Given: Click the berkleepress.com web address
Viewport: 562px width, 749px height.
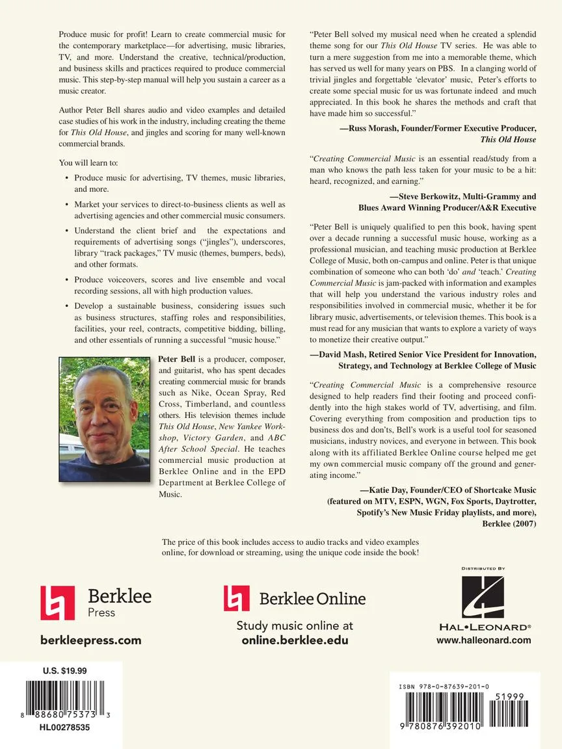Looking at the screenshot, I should (x=90, y=640).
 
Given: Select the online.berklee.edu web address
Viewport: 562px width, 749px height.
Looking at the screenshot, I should (x=295, y=640).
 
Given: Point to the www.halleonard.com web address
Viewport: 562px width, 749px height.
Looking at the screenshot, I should (x=484, y=640).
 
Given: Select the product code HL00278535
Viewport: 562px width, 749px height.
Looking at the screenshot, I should (x=64, y=728).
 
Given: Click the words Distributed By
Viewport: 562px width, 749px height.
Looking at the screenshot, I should (x=483, y=569).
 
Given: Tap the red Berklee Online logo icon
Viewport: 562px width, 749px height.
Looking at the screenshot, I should (x=237, y=598).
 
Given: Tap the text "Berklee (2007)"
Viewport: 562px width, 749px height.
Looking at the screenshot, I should (x=509, y=523).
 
